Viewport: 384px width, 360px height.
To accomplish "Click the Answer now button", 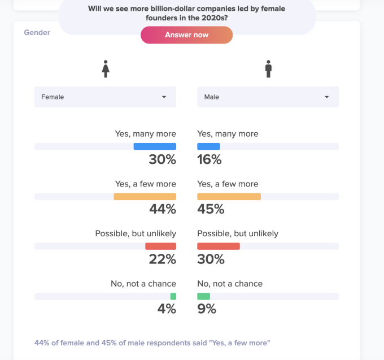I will pos(186,35).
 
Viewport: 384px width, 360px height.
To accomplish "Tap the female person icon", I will pos(105,70).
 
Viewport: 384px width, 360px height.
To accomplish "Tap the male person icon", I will pos(268,70).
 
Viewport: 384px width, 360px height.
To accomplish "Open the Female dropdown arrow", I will pos(164,97).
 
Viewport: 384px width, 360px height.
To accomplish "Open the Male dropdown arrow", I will pos(326,97).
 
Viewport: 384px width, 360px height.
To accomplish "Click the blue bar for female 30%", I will pos(155,146).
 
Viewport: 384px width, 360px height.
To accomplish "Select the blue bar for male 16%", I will pos(208,146).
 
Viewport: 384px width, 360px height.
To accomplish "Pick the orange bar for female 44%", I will pos(145,197).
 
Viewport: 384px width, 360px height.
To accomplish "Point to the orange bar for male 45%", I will pos(229,197).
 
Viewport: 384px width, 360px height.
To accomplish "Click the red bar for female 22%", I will pos(160,246).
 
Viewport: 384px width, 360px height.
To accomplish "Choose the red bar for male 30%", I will pos(218,246).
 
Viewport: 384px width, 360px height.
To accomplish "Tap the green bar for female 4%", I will pos(173,296).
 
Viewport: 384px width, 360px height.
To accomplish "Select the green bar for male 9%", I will pos(203,296).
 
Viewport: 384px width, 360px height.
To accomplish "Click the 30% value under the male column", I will pos(211,259).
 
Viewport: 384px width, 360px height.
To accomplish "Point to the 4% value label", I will pos(166,309).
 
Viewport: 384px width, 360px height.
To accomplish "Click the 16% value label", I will pos(209,160).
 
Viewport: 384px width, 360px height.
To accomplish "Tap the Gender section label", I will pos(37,33).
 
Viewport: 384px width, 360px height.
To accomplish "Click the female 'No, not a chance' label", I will pos(143,284).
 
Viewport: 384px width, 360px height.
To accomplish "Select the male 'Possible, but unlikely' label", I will pos(237,233).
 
